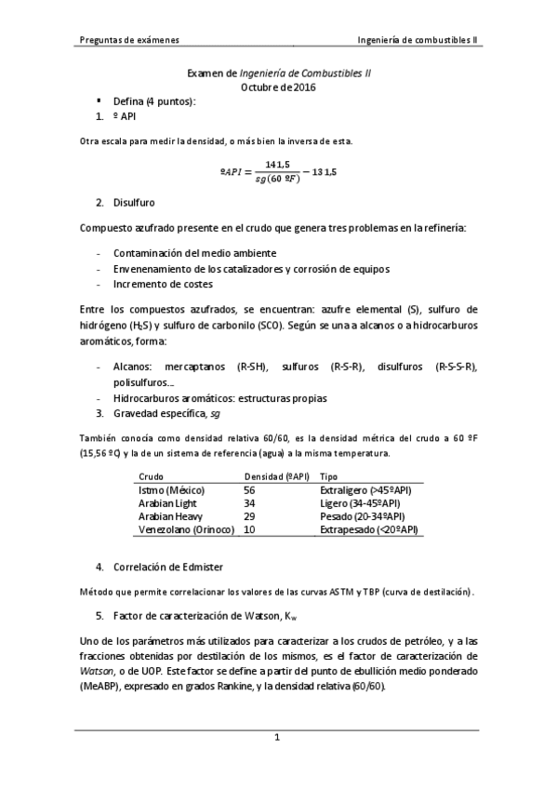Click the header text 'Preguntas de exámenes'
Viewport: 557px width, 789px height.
pos(129,41)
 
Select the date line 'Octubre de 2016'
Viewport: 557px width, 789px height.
pos(278,87)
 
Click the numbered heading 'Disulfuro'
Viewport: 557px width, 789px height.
pos(134,202)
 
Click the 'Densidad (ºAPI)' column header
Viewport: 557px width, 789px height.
pos(276,475)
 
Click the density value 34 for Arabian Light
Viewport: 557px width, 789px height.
pos(249,502)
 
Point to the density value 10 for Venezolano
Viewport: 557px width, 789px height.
pos(249,528)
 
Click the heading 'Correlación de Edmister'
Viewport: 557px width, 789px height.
pos(171,566)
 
